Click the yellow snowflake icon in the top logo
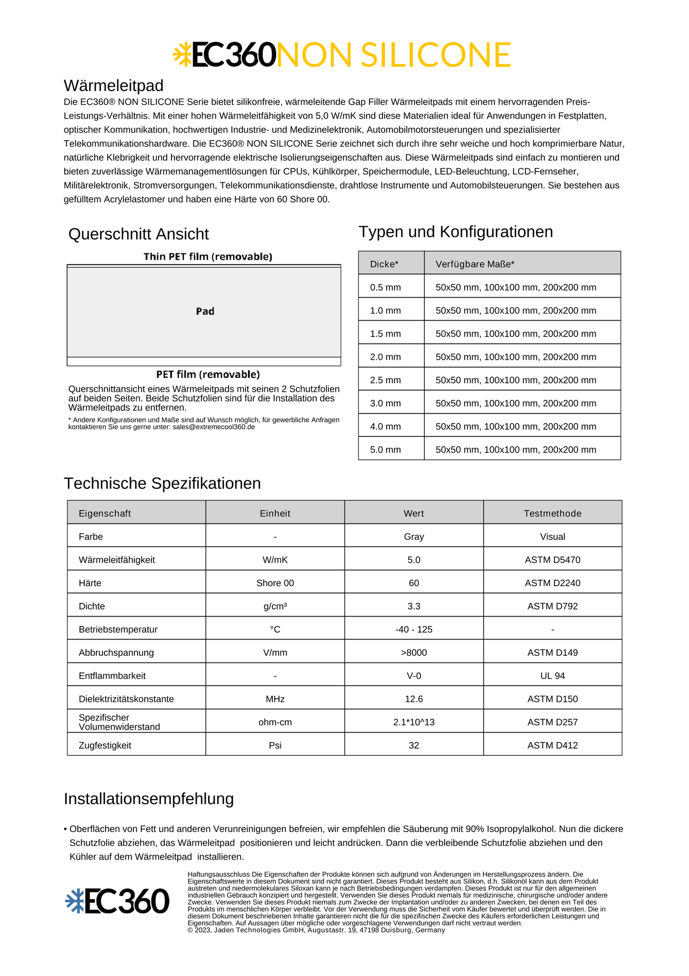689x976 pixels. [181, 54]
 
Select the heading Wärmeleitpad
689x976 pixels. [113, 86]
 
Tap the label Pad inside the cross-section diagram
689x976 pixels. [205, 311]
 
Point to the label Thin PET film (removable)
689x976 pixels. [208, 257]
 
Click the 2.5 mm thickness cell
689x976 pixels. [386, 380]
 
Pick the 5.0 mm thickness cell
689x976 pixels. [386, 450]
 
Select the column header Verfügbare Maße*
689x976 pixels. [475, 264]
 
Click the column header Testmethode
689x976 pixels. [552, 513]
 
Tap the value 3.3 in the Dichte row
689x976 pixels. [414, 606]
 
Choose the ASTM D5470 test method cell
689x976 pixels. [552, 560]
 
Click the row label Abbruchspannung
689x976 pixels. [116, 652]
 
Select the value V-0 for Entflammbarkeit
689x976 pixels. [414, 676]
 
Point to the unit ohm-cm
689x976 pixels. [275, 722]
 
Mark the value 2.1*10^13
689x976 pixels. [414, 722]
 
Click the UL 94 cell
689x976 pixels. [552, 676]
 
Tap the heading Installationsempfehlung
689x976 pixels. [149, 799]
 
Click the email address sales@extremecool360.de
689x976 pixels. [214, 427]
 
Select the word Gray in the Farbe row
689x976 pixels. [414, 537]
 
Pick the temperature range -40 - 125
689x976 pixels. [414, 630]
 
